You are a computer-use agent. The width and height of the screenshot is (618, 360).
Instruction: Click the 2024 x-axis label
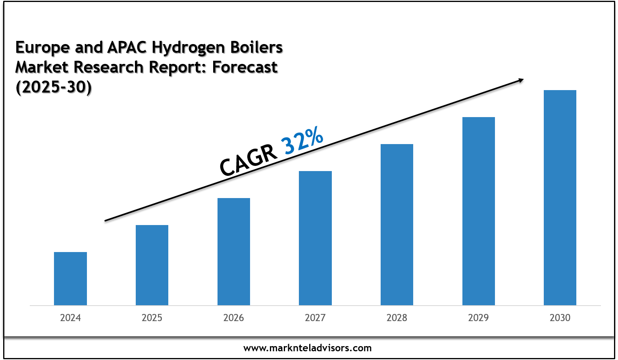pos(70,318)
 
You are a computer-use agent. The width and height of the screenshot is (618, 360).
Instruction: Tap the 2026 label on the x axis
pos(234,318)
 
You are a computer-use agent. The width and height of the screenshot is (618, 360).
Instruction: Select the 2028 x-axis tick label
pos(397,318)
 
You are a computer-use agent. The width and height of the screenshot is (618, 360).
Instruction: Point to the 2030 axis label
pos(560,318)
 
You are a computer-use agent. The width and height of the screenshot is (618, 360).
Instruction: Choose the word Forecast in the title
pos(245,67)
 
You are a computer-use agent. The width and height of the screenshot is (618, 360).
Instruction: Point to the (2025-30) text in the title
pos(54,87)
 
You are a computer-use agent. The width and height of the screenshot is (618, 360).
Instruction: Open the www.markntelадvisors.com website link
pos(308,348)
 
